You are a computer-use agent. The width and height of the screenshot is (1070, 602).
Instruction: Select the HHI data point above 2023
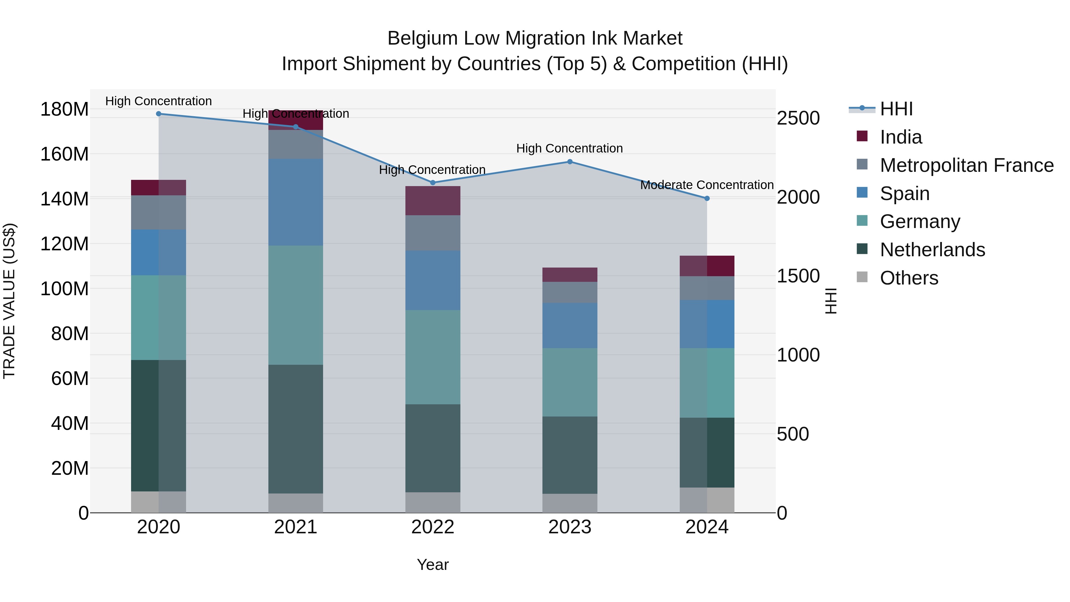pyautogui.click(x=569, y=162)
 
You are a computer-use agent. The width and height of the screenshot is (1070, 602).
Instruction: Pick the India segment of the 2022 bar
pyautogui.click(x=432, y=201)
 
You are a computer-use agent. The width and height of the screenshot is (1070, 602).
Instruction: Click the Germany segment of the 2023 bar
pyautogui.click(x=569, y=382)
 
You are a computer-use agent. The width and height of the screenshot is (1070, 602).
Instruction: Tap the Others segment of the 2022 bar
pyautogui.click(x=432, y=502)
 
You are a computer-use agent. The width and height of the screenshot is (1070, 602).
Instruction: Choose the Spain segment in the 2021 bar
pyautogui.click(x=295, y=202)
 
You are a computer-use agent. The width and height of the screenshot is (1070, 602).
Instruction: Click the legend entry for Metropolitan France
pyautogui.click(x=967, y=165)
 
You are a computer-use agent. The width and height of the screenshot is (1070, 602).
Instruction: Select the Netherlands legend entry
pyautogui.click(x=932, y=250)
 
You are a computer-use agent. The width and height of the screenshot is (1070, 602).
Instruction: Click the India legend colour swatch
pyautogui.click(x=862, y=136)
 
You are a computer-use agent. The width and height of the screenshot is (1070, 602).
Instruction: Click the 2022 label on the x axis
pyautogui.click(x=432, y=527)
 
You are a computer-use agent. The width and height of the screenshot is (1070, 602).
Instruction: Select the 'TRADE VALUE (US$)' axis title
pyautogui.click(x=10, y=301)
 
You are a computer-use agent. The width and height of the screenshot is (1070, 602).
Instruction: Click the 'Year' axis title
pyautogui.click(x=432, y=565)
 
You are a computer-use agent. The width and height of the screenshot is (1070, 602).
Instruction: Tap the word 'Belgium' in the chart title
pyautogui.click(x=422, y=39)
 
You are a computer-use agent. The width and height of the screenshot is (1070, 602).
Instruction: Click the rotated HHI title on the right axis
pyautogui.click(x=830, y=301)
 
